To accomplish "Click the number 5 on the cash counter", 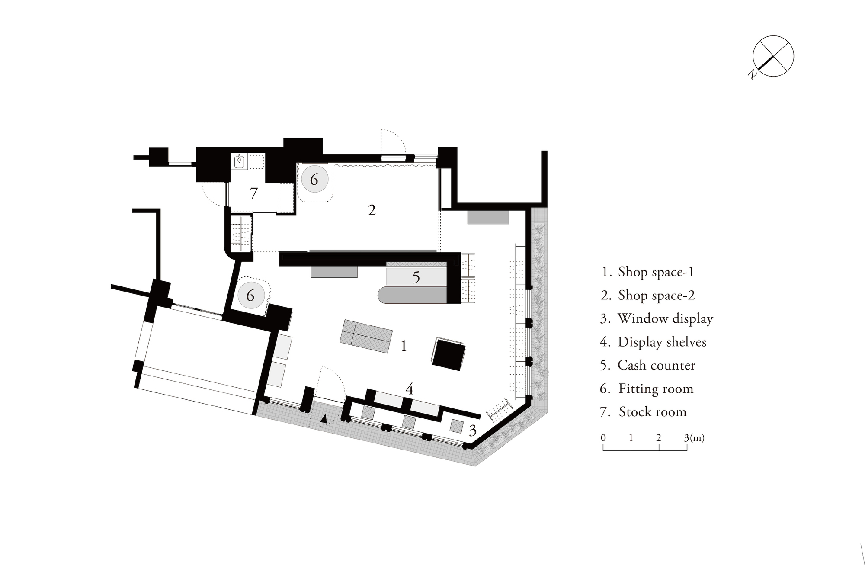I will pyautogui.click(x=416, y=277).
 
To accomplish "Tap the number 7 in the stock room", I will pyautogui.click(x=254, y=193).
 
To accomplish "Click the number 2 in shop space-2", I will pyautogui.click(x=372, y=210).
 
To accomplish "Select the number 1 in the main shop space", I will pyautogui.click(x=404, y=346).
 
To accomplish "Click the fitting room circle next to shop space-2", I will pyautogui.click(x=314, y=179).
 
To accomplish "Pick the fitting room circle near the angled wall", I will pyautogui.click(x=250, y=295).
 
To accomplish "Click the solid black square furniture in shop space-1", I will pyautogui.click(x=449, y=355).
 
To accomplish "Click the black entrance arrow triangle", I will pyautogui.click(x=324, y=418).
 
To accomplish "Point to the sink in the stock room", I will pyautogui.click(x=239, y=161).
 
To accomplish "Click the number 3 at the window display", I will pyautogui.click(x=473, y=430).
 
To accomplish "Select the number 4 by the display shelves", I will pyautogui.click(x=409, y=389).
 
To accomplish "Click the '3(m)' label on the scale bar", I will pyautogui.click(x=694, y=437).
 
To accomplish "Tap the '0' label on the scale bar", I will pyautogui.click(x=603, y=437).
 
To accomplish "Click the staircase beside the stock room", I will pyautogui.click(x=240, y=234).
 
